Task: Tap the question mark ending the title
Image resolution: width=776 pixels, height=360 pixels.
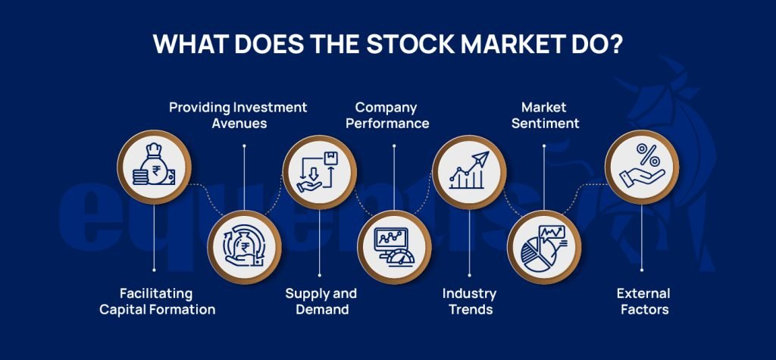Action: pyautogui.click(x=615, y=44)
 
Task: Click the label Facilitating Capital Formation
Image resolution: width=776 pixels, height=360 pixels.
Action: pyautogui.click(x=157, y=302)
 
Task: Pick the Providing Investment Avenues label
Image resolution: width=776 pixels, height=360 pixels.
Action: pyautogui.click(x=238, y=115)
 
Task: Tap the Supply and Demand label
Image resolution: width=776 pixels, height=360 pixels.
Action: pyautogui.click(x=321, y=302)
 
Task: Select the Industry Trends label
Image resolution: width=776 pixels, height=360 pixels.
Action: pyautogui.click(x=469, y=302)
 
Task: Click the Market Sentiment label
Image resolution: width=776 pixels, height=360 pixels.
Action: pyautogui.click(x=544, y=115)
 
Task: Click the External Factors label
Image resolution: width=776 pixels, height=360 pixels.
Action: pyautogui.click(x=643, y=302)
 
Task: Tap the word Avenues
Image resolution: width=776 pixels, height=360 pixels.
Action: pyautogui.click(x=238, y=124)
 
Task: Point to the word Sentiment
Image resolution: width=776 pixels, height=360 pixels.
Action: pyautogui.click(x=544, y=124)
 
